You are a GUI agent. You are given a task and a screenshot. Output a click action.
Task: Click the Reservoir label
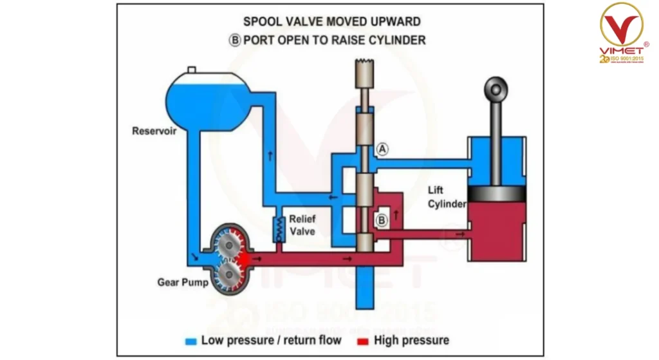click(154, 131)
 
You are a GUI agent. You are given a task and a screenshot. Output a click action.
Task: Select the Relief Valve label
click(302, 225)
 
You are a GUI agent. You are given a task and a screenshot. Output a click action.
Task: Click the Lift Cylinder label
click(446, 197)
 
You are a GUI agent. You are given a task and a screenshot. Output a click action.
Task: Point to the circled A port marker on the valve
click(382, 149)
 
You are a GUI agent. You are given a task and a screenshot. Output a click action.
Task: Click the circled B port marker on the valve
click(381, 220)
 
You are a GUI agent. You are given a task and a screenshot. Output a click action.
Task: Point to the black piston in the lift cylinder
click(496, 193)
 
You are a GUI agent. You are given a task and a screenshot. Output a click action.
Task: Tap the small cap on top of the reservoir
click(191, 70)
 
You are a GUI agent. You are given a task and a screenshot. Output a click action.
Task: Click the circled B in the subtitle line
click(235, 39)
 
